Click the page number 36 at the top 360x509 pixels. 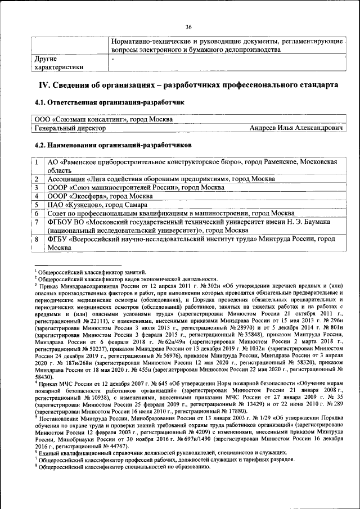pos(188,26)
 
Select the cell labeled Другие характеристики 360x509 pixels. pos(59,62)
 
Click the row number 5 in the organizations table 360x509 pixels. pos(36,205)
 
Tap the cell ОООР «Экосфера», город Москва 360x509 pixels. pos(98,196)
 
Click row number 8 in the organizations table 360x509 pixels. pos(36,240)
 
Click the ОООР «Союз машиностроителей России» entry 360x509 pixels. pos(136,187)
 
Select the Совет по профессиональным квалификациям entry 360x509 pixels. pos(171,214)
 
